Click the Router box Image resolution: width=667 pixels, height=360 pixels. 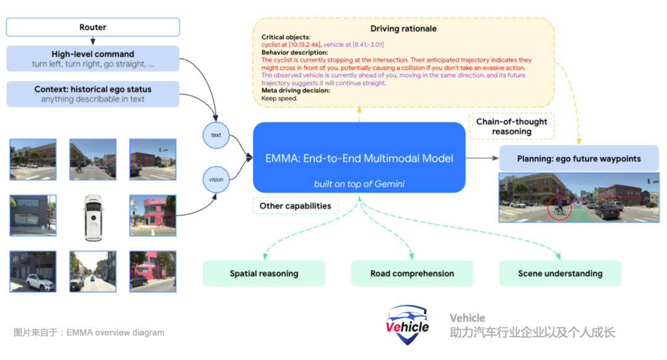click(93, 27)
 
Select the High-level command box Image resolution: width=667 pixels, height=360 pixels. click(93, 59)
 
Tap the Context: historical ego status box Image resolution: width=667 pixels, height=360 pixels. click(93, 94)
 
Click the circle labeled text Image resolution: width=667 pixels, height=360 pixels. click(216, 135)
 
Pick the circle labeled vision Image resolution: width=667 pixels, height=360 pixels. click(216, 180)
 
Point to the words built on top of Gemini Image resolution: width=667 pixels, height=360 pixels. click(359, 184)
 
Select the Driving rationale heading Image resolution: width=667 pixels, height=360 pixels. click(403, 29)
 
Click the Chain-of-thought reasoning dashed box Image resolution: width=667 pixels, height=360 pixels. click(511, 127)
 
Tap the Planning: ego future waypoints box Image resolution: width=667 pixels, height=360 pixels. click(579, 159)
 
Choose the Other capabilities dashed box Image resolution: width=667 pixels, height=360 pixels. click(295, 206)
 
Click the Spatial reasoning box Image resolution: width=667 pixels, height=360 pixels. click(264, 274)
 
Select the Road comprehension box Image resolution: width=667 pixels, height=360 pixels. click(412, 274)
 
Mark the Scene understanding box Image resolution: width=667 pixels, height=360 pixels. click(560, 274)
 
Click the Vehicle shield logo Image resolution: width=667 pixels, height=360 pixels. click(408, 325)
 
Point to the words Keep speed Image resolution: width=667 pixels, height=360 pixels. click(280, 98)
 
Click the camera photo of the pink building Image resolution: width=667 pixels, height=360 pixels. click(153, 216)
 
